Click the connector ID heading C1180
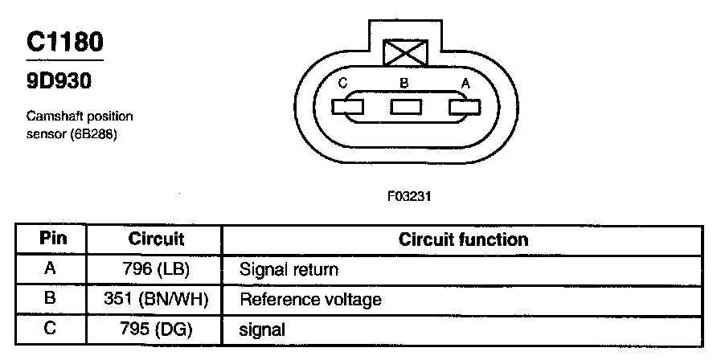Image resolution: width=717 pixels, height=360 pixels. tap(64, 43)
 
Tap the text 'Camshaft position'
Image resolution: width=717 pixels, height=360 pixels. tap(79, 117)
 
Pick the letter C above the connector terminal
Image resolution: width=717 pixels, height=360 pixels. tap(343, 83)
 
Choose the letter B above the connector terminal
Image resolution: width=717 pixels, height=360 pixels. tap(404, 83)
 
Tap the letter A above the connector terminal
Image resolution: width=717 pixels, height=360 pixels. tap(465, 83)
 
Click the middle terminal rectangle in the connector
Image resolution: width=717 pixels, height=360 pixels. tap(407, 107)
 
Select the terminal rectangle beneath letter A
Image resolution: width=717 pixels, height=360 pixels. tap(465, 107)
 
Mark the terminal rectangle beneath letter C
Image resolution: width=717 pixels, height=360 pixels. tap(347, 107)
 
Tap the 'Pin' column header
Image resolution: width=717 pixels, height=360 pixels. tap(52, 239)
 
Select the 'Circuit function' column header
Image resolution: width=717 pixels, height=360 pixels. tap(464, 239)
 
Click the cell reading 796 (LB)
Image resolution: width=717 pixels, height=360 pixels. tap(156, 270)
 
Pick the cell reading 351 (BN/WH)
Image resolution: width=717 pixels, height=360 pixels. tap(156, 300)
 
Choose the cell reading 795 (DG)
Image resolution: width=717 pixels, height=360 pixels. tap(156, 329)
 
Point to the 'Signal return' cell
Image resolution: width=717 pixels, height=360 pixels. tap(289, 270)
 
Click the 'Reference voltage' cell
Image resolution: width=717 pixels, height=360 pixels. tap(310, 300)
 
